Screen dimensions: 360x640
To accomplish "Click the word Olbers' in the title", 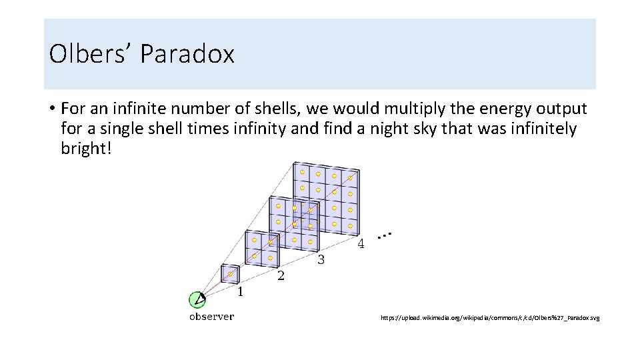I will [x=91, y=54].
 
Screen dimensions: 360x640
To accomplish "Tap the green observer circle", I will [x=196, y=300].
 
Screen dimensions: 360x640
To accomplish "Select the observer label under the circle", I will [x=211, y=317].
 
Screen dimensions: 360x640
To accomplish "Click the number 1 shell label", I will [x=239, y=291].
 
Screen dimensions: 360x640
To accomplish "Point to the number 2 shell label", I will [x=281, y=276].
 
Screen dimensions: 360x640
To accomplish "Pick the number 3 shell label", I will [x=321, y=260].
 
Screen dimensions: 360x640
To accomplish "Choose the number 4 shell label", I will [x=361, y=244].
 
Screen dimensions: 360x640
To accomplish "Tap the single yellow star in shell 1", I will [x=230, y=274].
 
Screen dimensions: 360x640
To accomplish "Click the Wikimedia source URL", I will [x=490, y=319].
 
